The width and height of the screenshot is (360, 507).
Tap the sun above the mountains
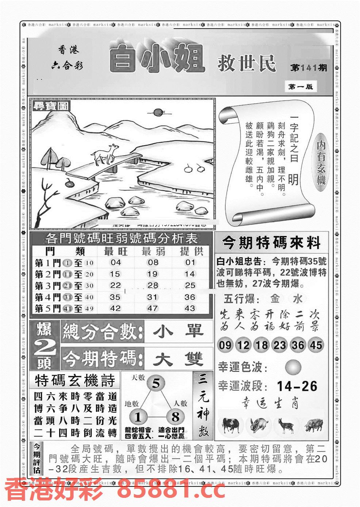click(158, 113)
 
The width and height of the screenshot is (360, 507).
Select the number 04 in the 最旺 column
click(115, 262)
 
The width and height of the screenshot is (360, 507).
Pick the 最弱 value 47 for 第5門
click(152, 308)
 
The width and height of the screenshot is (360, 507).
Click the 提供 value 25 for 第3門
click(190, 285)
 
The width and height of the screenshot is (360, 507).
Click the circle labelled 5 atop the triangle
click(156, 384)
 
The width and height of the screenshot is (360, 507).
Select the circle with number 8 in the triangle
click(175, 417)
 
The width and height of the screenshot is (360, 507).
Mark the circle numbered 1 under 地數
click(138, 417)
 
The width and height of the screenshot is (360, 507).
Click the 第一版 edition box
click(300, 87)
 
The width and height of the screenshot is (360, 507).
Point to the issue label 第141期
click(309, 68)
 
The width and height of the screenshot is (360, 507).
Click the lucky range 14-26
click(297, 386)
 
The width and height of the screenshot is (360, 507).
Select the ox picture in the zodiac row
click(230, 425)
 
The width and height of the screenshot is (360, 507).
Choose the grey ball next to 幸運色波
click(293, 367)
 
